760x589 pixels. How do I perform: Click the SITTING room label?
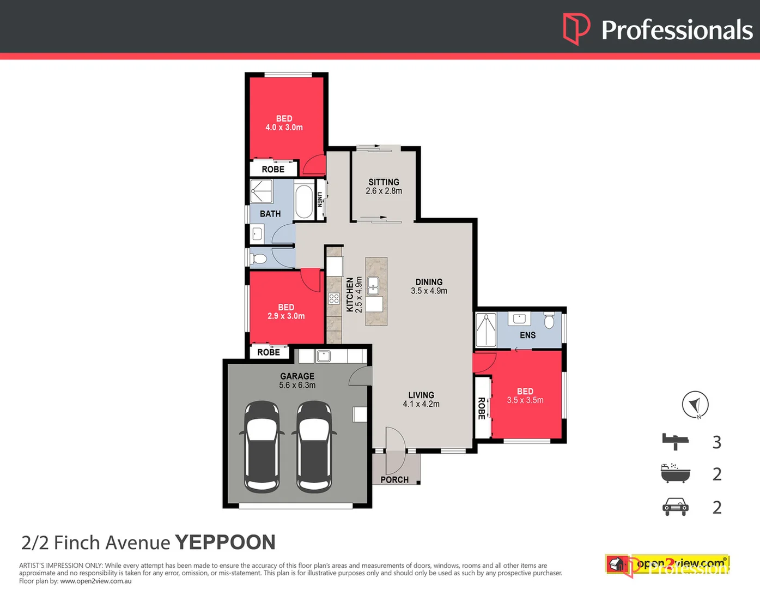[384, 182]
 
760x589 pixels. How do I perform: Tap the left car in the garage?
[262, 446]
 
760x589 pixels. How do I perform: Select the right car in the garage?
[314, 446]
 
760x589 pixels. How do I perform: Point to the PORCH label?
[394, 479]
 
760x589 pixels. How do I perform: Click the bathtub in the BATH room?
[303, 201]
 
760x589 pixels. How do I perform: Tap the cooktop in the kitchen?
[334, 298]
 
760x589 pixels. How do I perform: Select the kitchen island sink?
[374, 285]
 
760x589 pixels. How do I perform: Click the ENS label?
[527, 335]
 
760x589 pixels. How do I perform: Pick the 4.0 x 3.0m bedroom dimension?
[284, 128]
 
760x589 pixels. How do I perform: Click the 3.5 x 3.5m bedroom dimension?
[525, 400]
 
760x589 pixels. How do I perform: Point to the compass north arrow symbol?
[695, 405]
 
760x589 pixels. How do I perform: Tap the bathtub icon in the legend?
[676, 473]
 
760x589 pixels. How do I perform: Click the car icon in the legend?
[676, 507]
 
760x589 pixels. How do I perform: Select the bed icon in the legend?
[676, 441]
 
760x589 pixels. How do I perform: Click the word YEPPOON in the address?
[225, 542]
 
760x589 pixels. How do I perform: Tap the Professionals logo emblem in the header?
[576, 29]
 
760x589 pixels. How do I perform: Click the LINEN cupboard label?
[320, 200]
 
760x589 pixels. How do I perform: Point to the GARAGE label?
[297, 376]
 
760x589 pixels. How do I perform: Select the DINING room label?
[429, 282]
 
